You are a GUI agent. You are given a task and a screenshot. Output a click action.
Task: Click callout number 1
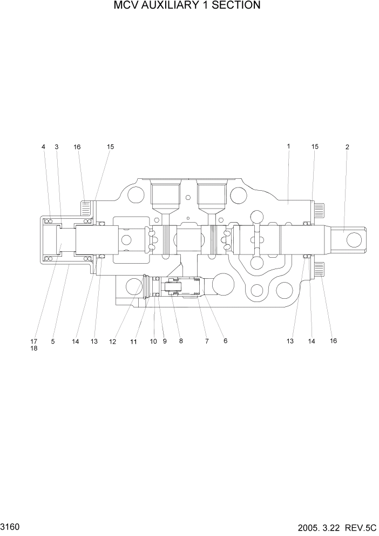[288, 146]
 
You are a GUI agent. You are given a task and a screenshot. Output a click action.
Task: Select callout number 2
[347, 147]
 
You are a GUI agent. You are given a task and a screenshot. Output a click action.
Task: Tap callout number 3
[56, 147]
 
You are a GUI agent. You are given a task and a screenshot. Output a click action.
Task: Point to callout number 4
[43, 147]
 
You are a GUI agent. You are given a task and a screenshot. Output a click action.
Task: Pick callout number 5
[53, 341]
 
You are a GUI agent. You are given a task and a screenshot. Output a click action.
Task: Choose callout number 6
[225, 341]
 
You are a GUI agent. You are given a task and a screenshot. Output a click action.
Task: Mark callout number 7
[206, 341]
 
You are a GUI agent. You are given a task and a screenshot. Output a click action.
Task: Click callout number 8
[181, 341]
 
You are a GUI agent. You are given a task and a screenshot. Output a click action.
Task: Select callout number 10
[153, 341]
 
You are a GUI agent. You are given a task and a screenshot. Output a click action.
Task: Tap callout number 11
[133, 341]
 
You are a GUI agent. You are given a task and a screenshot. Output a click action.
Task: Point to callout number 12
[112, 341]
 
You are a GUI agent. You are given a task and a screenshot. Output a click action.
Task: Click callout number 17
[33, 341]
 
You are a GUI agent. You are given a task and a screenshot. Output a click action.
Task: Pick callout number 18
[33, 349]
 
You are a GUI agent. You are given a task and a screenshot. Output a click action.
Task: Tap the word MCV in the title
[124, 6]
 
